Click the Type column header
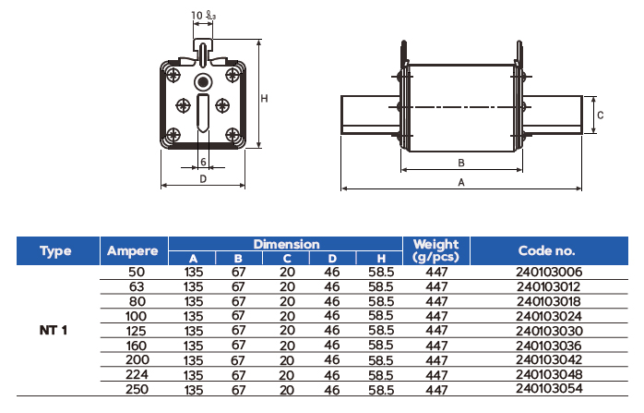[x=56, y=250]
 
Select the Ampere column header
[x=133, y=250]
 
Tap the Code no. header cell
[x=546, y=250]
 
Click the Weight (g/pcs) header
[x=435, y=250]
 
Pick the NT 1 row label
[x=54, y=330]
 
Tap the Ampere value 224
[x=135, y=375]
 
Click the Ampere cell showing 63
[x=135, y=287]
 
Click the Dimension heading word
[x=286, y=244]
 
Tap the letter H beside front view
[x=264, y=97]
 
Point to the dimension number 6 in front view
[x=202, y=162]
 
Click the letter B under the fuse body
[x=460, y=164]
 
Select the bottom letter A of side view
[x=460, y=182]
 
